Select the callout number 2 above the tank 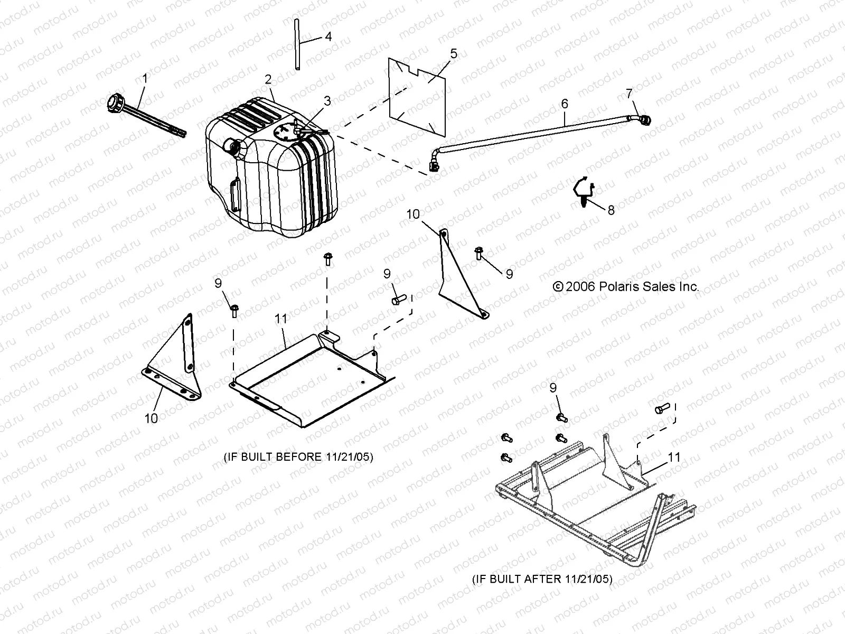[x=268, y=80]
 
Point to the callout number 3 [x=327, y=100]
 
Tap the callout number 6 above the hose [x=565, y=104]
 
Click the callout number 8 [x=611, y=210]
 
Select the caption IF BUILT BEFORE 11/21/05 [x=298, y=457]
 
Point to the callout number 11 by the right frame [x=674, y=457]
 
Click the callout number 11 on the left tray [x=280, y=319]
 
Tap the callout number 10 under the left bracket [x=151, y=418]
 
